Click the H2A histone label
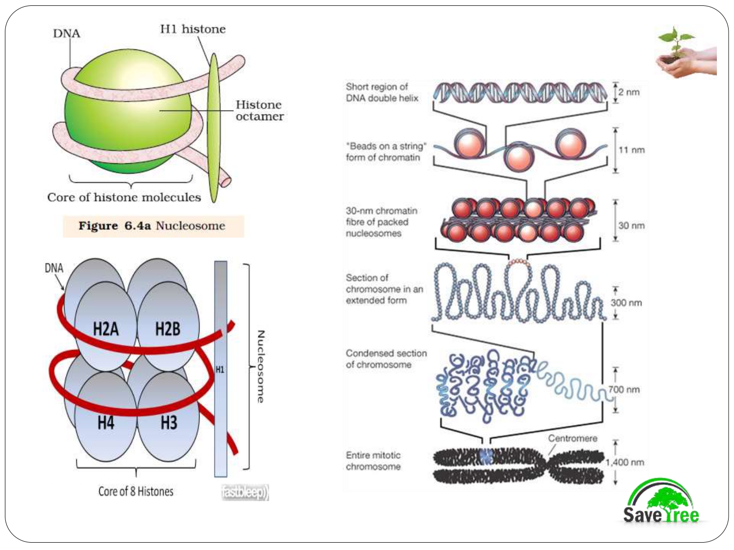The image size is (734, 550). tap(106, 329)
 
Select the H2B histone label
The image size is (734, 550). tap(167, 329)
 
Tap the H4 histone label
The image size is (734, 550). tap(106, 422)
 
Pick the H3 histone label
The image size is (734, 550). tap(169, 422)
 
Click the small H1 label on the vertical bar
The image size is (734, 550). tap(220, 370)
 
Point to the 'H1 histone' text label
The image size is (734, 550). tap(193, 29)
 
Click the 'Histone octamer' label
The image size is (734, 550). tap(259, 110)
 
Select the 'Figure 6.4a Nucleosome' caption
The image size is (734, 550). tap(152, 226)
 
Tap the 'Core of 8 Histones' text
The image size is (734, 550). tap(136, 491)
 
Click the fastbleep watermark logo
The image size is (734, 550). tap(245, 492)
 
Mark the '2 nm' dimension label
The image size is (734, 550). tap(629, 92)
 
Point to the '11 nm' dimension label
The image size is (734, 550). tap(631, 150)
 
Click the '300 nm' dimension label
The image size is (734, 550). tap(626, 303)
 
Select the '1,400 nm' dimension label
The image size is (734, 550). tap(625, 462)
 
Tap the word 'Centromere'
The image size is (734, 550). tap(573, 438)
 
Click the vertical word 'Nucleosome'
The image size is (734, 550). tap(260, 367)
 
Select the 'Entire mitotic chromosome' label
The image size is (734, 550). tap(373, 461)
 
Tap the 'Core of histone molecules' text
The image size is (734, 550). tap(124, 197)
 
